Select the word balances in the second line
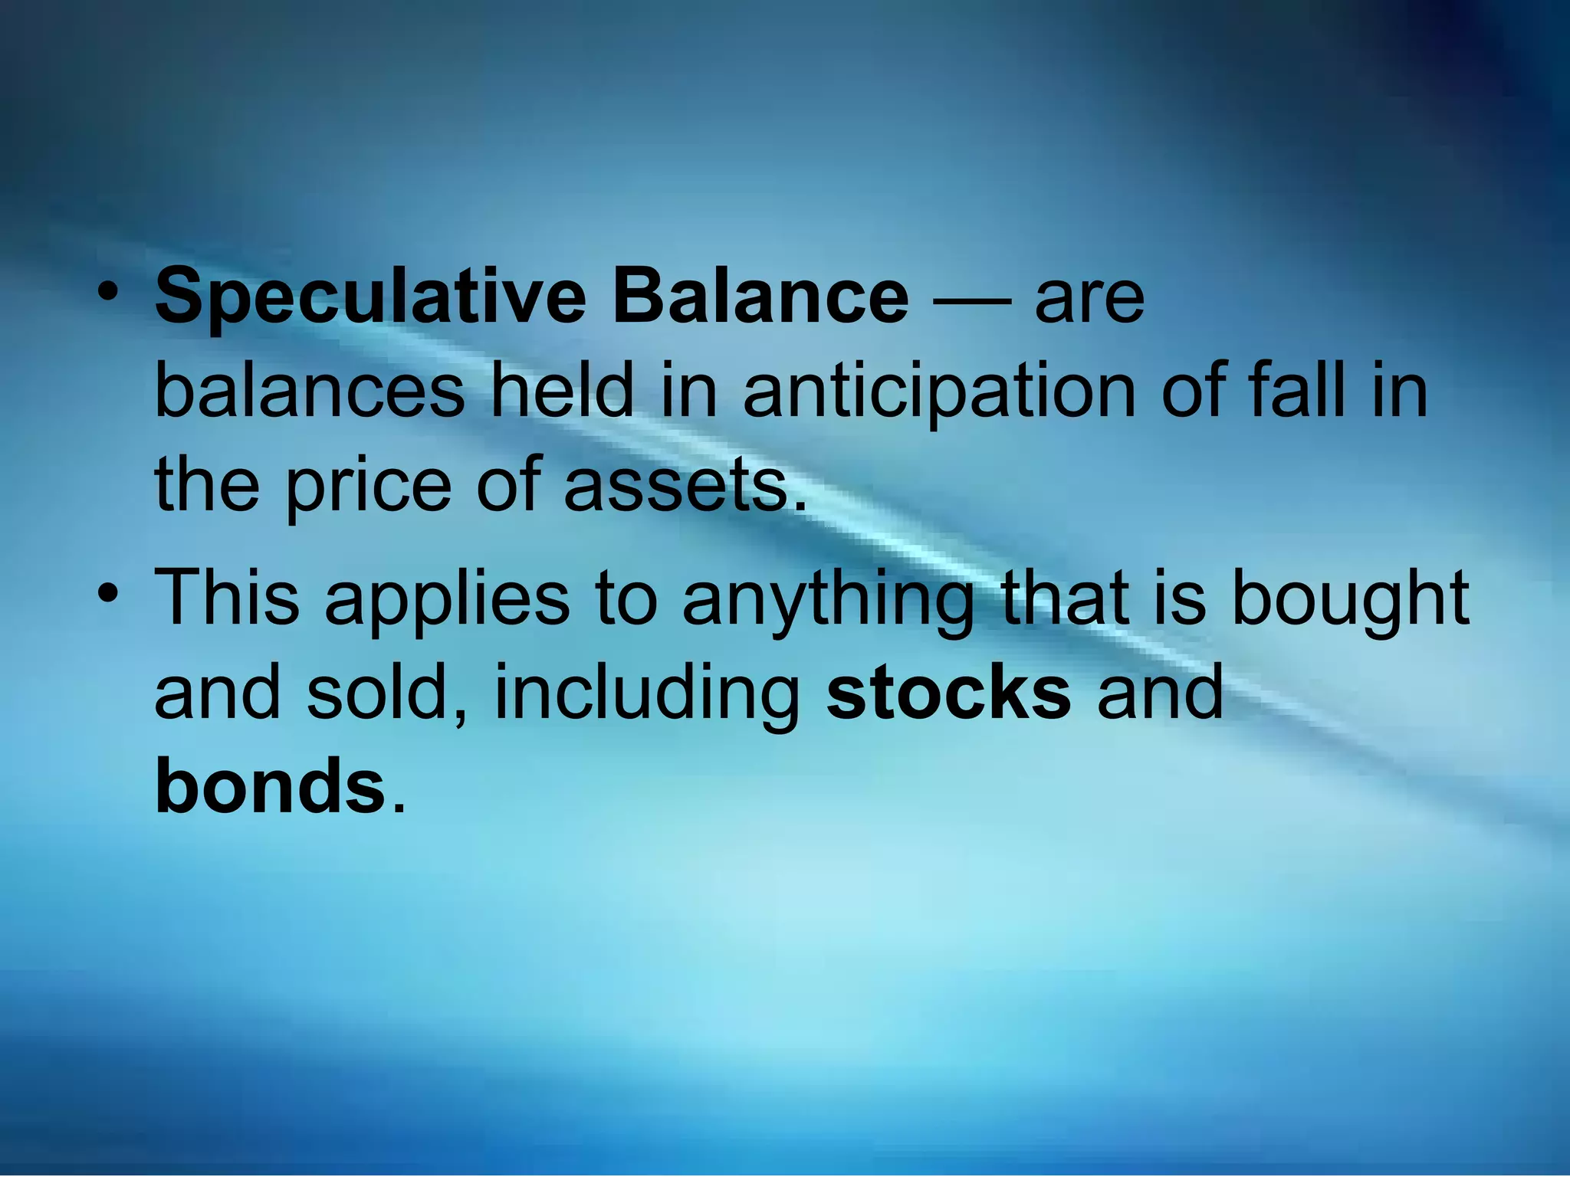point(309,392)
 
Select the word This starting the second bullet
point(227,597)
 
